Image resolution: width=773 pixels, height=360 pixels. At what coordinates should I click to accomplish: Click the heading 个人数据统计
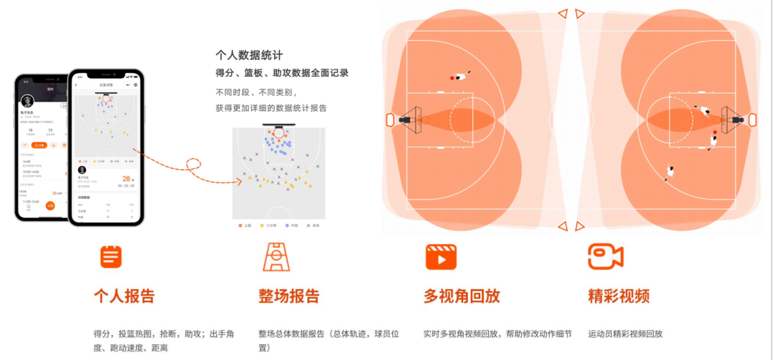[249, 54]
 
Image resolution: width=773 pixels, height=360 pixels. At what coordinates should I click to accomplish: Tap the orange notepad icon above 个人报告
[111, 257]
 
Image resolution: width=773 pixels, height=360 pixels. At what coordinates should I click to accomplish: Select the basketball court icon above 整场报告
[276, 257]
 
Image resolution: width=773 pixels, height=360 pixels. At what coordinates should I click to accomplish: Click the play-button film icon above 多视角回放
[441, 257]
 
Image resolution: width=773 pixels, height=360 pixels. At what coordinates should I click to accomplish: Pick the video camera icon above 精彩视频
[606, 257]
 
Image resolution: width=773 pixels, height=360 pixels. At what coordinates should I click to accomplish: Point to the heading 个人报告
[124, 296]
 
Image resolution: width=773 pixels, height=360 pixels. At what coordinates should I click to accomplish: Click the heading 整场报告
[289, 296]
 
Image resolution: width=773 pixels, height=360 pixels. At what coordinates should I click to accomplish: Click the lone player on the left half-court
[460, 75]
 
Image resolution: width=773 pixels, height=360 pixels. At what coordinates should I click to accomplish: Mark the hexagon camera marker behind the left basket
[390, 120]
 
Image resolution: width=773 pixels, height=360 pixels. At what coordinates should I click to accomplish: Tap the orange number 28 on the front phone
[127, 178]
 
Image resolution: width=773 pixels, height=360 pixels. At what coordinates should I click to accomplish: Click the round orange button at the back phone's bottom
[50, 205]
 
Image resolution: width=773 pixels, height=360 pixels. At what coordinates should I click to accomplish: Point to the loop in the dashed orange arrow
[193, 166]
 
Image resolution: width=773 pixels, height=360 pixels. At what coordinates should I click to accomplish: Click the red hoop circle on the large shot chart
[278, 132]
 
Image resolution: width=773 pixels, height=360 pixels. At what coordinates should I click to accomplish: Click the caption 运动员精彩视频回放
[625, 334]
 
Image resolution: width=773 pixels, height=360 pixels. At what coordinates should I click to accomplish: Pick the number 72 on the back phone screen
[51, 130]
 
